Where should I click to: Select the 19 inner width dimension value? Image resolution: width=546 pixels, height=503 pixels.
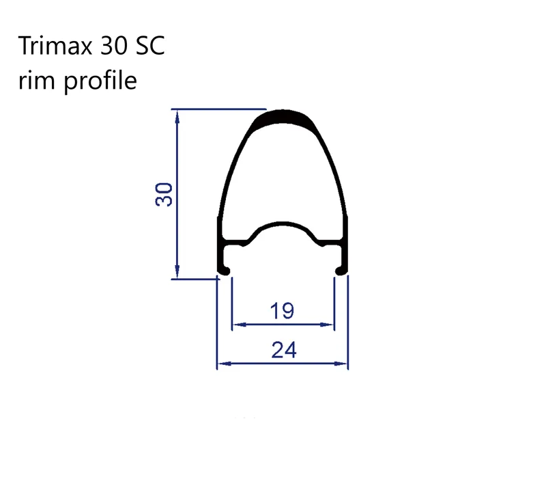point(282,312)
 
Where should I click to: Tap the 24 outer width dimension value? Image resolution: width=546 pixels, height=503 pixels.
point(283,351)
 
